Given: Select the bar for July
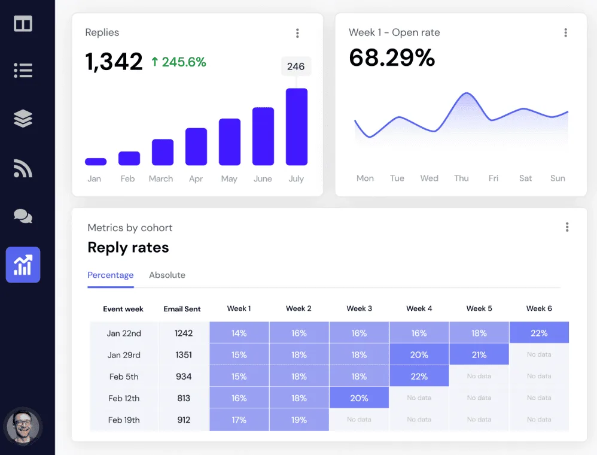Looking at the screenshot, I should [296, 127].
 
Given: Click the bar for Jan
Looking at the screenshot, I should [96, 162].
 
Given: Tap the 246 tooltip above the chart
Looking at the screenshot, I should [296, 66].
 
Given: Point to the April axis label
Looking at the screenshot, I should [196, 178].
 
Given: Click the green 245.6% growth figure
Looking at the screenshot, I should [178, 62].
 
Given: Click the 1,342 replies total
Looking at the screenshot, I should [114, 62].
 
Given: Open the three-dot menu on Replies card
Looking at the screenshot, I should [297, 33].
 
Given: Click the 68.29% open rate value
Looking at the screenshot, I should [392, 57].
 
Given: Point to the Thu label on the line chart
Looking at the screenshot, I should [461, 178].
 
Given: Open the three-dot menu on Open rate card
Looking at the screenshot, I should [565, 33].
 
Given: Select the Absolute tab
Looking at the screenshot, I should [167, 275].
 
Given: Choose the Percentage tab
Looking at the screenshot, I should [111, 275].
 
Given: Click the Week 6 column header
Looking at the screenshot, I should [539, 308].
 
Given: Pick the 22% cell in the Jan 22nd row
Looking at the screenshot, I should [539, 333].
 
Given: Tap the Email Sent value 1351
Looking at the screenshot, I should [184, 355].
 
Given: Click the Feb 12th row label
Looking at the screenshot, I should [124, 398].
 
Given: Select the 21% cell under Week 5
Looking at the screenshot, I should [479, 355].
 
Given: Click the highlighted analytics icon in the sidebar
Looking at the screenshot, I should [23, 265].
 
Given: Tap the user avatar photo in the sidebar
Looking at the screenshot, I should [23, 426].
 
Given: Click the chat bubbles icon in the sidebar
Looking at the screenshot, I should [23, 216].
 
